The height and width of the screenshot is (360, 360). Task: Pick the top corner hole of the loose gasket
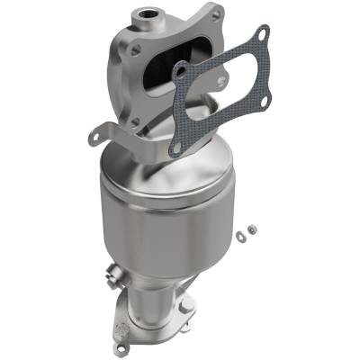[x=261, y=32]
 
